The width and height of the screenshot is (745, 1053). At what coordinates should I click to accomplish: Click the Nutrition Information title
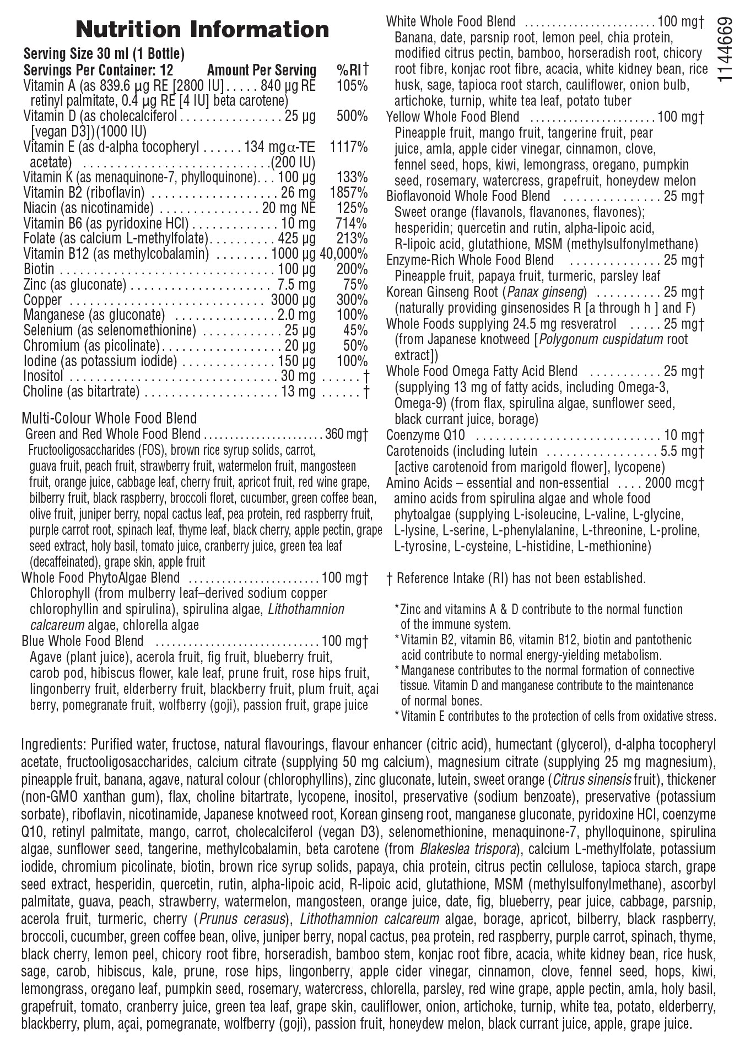coord(202,29)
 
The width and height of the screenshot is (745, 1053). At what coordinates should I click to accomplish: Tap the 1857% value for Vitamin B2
coord(348,193)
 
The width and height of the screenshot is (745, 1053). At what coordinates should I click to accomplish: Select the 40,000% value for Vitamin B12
coord(344,254)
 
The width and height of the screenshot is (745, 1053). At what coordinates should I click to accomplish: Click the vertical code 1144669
coord(726,50)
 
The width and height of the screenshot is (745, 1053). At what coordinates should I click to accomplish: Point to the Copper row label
coord(42,300)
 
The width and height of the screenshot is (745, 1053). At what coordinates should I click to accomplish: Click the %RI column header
coord(352,70)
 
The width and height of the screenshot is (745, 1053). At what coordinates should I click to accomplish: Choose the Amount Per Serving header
coord(261,70)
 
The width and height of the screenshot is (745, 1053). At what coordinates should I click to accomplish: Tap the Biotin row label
coord(39,269)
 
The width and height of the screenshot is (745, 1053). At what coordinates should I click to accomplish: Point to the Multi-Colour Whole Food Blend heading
coord(109,419)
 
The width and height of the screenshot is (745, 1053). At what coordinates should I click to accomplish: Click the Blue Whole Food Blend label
coord(83,642)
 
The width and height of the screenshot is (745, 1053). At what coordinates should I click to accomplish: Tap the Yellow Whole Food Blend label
coord(452,117)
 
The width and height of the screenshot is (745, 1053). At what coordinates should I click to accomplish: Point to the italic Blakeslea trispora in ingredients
coord(468,849)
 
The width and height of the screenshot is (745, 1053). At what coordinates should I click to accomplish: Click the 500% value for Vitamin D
coord(352,116)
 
